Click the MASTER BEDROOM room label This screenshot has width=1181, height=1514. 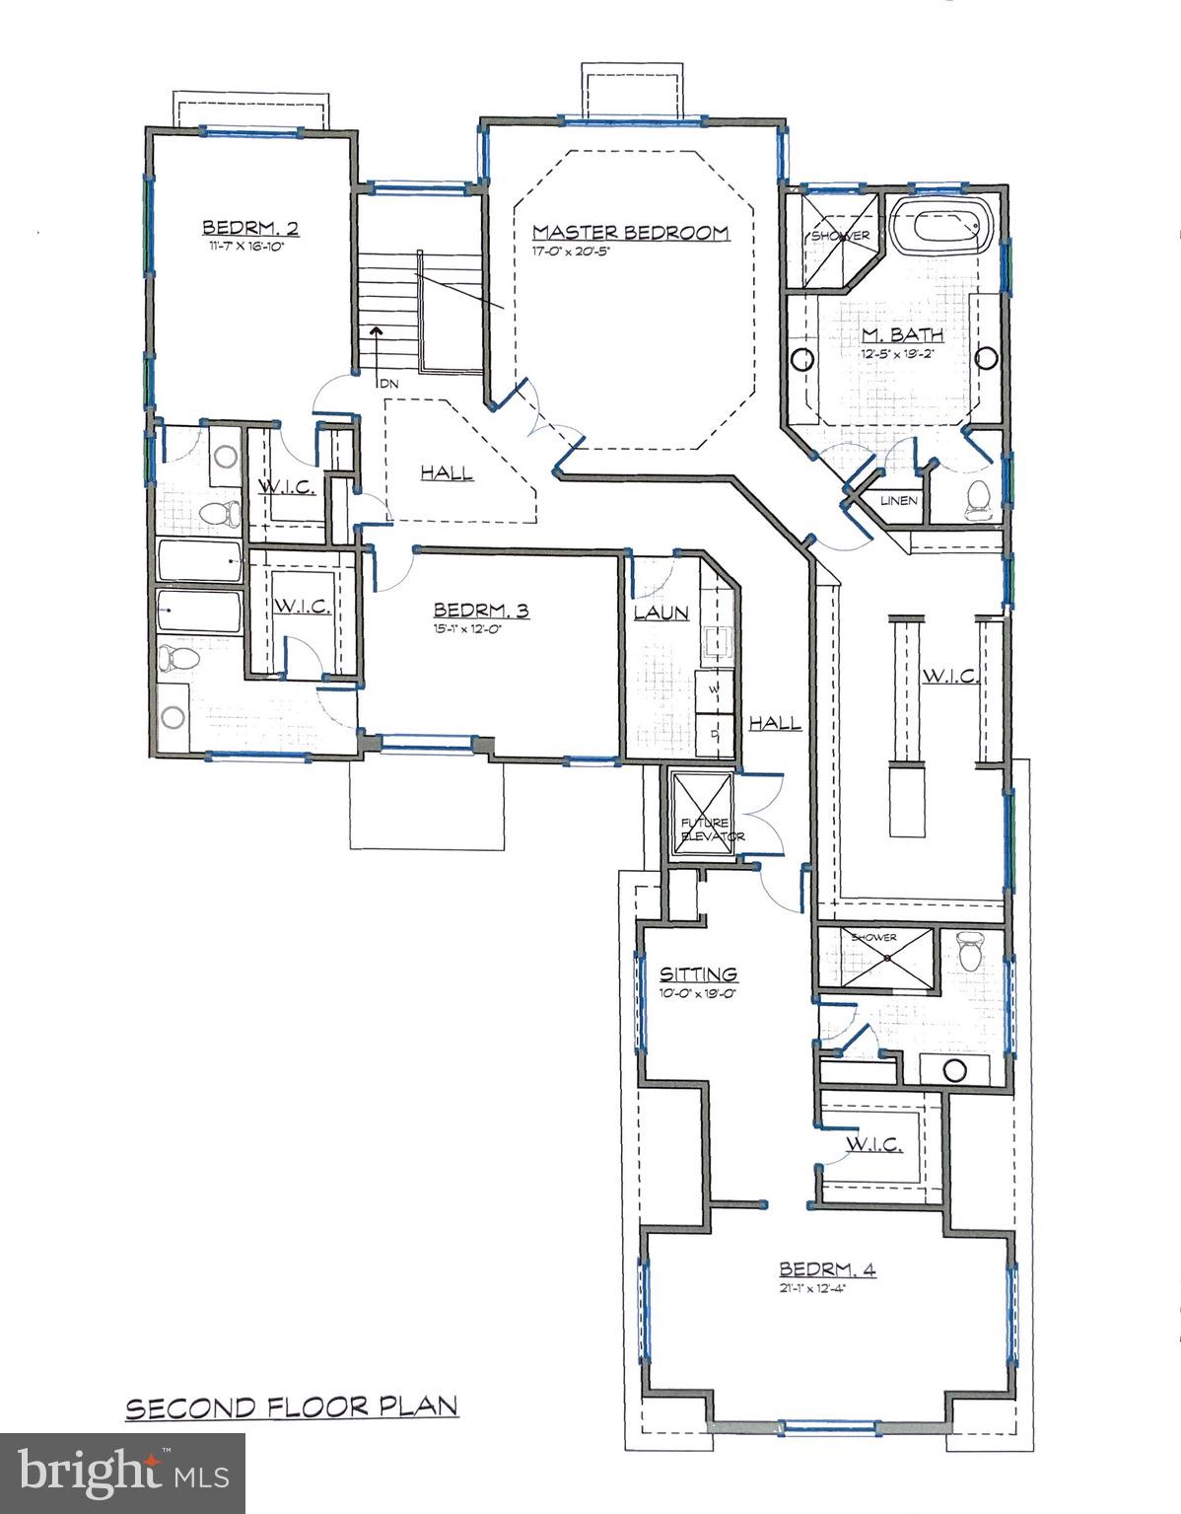[x=630, y=233]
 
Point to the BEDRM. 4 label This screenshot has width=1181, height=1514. [x=827, y=1268]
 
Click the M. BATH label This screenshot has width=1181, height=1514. [x=888, y=336]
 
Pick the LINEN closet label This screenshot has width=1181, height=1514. [x=899, y=501]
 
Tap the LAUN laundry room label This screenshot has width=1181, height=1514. [x=660, y=613]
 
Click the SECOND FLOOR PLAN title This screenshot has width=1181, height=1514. [x=292, y=1406]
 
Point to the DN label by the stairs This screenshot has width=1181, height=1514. [x=389, y=383]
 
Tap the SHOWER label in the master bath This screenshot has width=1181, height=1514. [x=840, y=237]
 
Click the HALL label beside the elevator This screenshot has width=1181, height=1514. [x=774, y=724]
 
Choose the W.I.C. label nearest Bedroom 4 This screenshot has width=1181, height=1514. [x=873, y=1144]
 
